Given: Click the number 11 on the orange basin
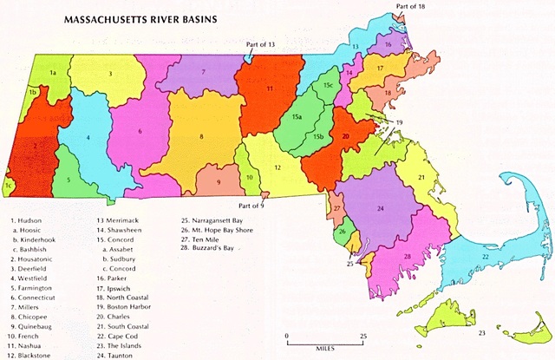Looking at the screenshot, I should tap(270, 88).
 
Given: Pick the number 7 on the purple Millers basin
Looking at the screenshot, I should tap(203, 72).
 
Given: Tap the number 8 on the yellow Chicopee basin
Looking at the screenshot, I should tap(202, 136).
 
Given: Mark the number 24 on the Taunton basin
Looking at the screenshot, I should tap(381, 209).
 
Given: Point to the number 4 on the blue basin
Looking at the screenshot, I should tap(88, 137).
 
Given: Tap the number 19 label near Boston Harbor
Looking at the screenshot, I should tap(399, 122).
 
